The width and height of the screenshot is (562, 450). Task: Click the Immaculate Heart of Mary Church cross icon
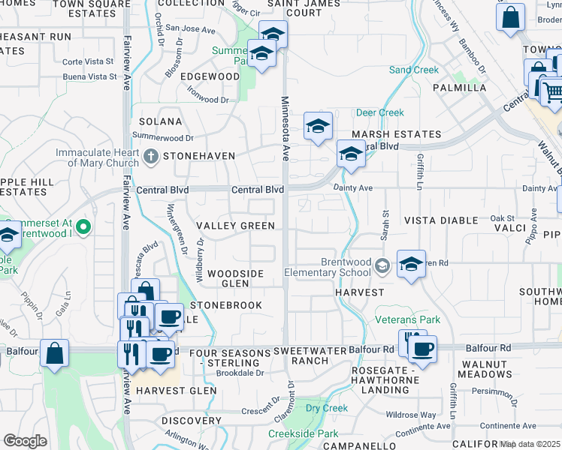(x=150, y=157)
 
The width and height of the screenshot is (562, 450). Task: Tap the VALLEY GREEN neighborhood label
(x=235, y=226)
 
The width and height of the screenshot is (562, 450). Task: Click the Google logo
(x=25, y=441)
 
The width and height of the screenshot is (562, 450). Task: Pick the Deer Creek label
(x=379, y=112)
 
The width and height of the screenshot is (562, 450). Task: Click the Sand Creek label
(x=413, y=70)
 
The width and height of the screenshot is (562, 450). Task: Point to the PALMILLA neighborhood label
(x=460, y=88)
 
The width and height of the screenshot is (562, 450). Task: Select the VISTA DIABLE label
(x=441, y=220)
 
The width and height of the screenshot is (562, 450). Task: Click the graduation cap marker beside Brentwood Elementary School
(x=411, y=265)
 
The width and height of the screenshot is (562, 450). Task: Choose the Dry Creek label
(x=326, y=408)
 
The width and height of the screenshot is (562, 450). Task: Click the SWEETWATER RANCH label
(x=311, y=355)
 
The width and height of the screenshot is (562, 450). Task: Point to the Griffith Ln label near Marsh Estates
(x=420, y=171)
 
